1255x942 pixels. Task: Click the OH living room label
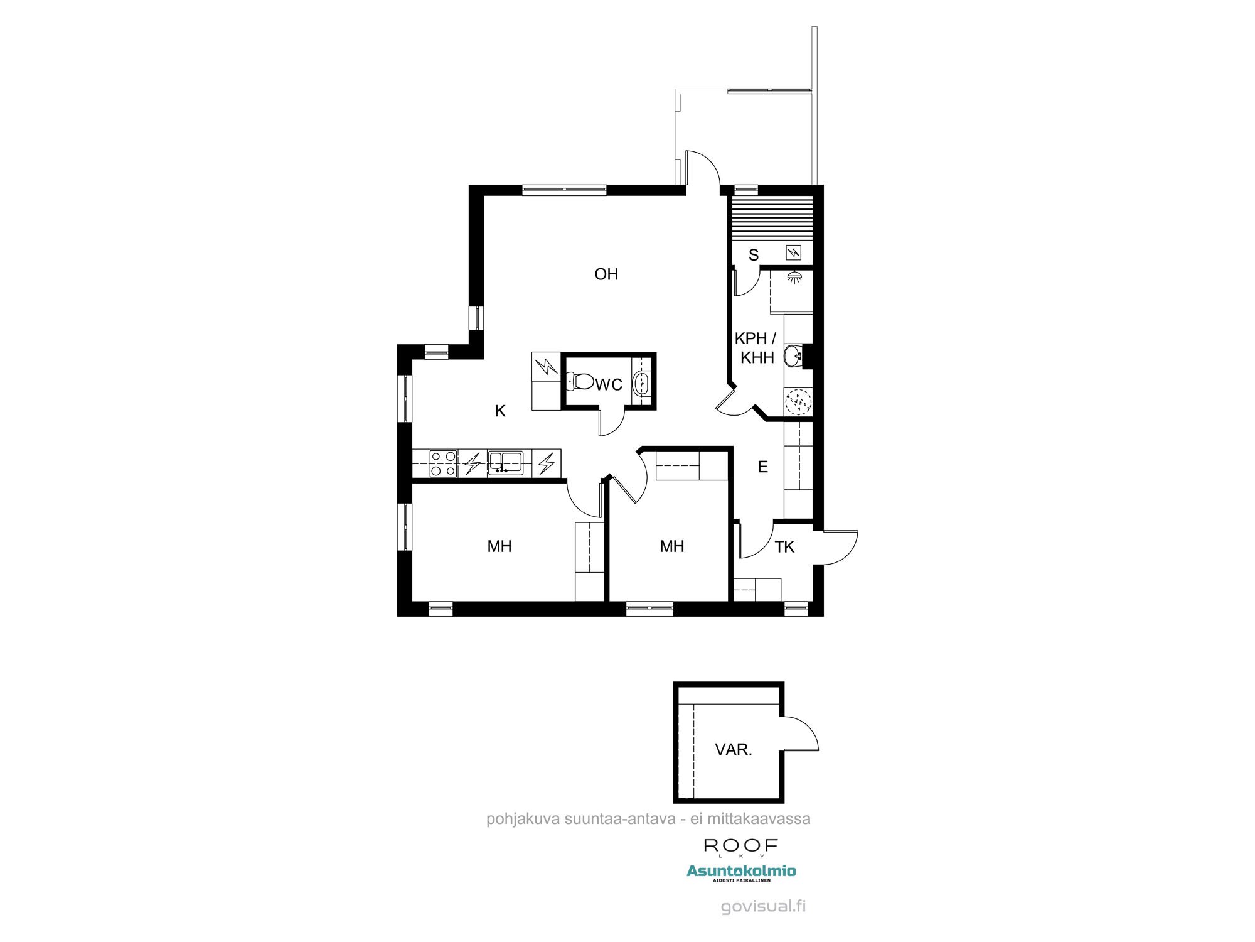click(x=606, y=274)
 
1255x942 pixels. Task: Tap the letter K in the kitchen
click(x=500, y=411)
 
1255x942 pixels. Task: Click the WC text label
click(x=609, y=384)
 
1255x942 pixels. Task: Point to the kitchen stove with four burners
click(x=443, y=463)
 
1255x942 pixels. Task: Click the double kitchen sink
click(x=505, y=462)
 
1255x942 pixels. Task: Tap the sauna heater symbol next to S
click(x=794, y=252)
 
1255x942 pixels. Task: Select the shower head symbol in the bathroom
click(x=794, y=276)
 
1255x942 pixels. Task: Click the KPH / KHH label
click(x=756, y=348)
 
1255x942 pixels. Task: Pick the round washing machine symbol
click(x=798, y=402)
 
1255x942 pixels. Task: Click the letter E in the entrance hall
click(x=763, y=467)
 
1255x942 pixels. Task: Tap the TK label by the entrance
click(x=784, y=547)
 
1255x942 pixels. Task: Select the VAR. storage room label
click(x=733, y=749)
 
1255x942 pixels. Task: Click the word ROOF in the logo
click(x=740, y=845)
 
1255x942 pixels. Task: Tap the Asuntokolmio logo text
click(x=741, y=870)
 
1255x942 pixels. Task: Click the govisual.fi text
click(x=763, y=906)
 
